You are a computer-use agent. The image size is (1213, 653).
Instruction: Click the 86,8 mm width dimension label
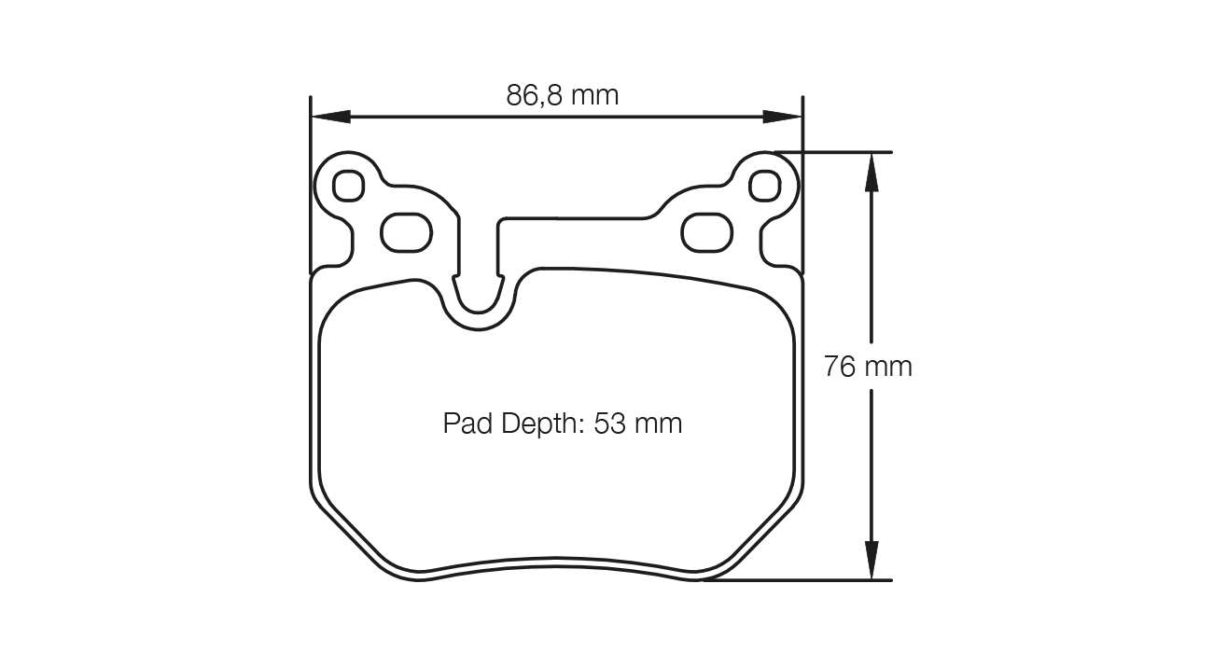click(563, 95)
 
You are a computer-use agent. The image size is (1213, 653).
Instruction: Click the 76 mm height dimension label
click(868, 367)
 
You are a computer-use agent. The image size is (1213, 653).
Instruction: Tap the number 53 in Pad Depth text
click(610, 424)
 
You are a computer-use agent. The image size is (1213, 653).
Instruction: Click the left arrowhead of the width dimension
click(329, 117)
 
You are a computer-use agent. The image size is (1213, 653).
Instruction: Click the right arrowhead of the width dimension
click(784, 117)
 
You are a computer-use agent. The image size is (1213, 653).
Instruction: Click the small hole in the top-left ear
click(348, 186)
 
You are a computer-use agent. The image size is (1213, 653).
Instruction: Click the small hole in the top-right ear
click(764, 186)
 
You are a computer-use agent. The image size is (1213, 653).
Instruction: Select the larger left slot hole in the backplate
click(407, 231)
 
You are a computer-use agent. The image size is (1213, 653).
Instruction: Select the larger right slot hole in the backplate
click(705, 231)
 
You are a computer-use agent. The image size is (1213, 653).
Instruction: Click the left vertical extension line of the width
click(310, 187)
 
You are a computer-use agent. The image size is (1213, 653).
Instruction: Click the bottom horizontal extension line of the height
click(802, 580)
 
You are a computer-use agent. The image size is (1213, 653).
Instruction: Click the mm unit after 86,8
click(594, 95)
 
